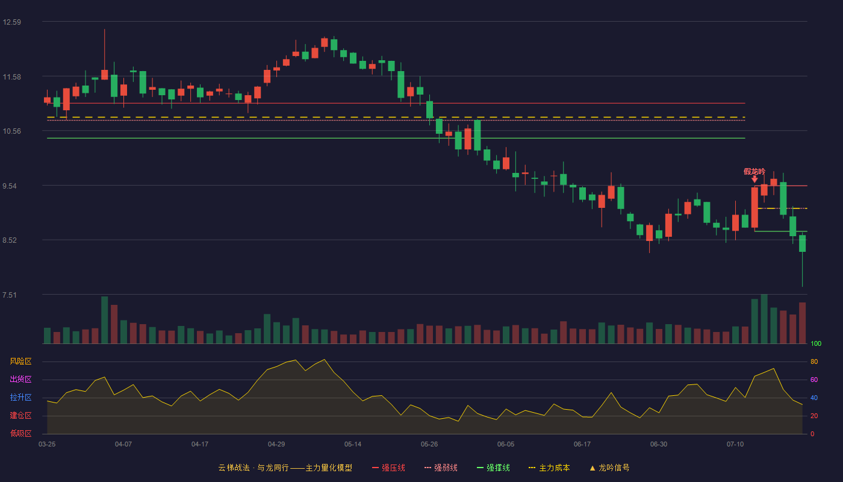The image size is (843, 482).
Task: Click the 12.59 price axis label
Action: click(x=12, y=22)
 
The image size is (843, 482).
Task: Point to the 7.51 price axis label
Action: click(x=10, y=295)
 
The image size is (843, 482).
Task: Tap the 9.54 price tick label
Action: click(x=10, y=186)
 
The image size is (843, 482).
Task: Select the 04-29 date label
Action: click(x=276, y=445)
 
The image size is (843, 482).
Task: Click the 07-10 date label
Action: click(x=735, y=445)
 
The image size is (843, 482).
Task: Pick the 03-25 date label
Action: click(x=47, y=445)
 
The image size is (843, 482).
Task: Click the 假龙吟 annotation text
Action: click(x=754, y=172)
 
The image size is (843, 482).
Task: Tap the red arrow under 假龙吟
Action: click(x=754, y=180)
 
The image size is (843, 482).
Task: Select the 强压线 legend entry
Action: click(x=389, y=468)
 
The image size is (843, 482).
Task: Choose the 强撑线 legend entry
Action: click(x=493, y=468)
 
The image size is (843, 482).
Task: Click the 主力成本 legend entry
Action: click(x=549, y=468)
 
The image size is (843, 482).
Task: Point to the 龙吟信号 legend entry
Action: click(x=609, y=468)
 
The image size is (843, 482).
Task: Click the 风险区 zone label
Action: click(x=20, y=361)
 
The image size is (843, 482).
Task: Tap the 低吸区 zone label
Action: click(x=20, y=434)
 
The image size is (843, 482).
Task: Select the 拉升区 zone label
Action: click(x=20, y=398)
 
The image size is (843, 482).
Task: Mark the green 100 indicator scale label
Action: click(x=816, y=343)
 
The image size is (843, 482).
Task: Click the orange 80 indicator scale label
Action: click(x=814, y=361)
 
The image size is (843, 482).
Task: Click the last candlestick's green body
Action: click(x=802, y=243)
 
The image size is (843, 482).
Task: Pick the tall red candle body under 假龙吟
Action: click(x=754, y=207)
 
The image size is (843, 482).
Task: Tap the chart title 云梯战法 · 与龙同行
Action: click(x=254, y=468)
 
